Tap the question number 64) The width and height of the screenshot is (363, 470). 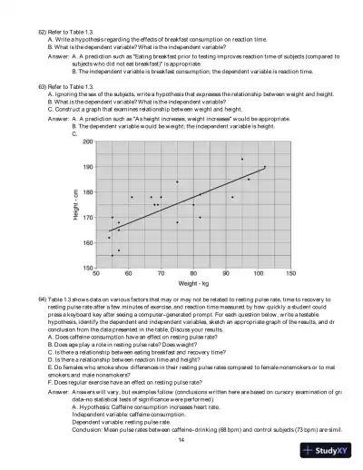click(42, 298)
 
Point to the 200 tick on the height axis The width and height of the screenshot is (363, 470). click(88, 142)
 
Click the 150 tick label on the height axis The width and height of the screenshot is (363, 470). click(88, 268)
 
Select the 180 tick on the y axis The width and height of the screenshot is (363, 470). click(88, 192)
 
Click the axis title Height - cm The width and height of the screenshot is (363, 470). click(74, 205)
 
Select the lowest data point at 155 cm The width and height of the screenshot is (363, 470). click(113, 255)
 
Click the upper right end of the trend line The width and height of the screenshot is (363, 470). click(266, 167)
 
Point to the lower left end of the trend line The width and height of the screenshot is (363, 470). click(110, 231)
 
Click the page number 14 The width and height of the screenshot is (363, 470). click(181, 439)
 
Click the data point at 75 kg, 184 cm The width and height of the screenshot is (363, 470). click(177, 181)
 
